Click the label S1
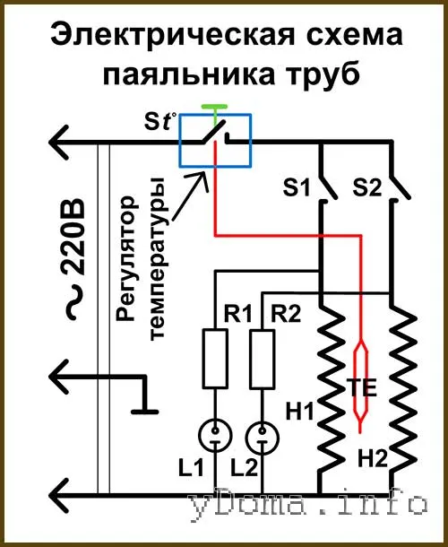(296, 187)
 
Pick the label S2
(367, 187)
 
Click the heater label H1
(300, 411)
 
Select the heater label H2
(373, 458)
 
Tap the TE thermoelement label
(362, 387)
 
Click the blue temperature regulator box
(180, 141)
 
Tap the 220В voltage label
(73, 237)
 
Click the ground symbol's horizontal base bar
(144, 412)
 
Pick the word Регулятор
(125, 258)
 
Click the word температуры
(157, 258)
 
